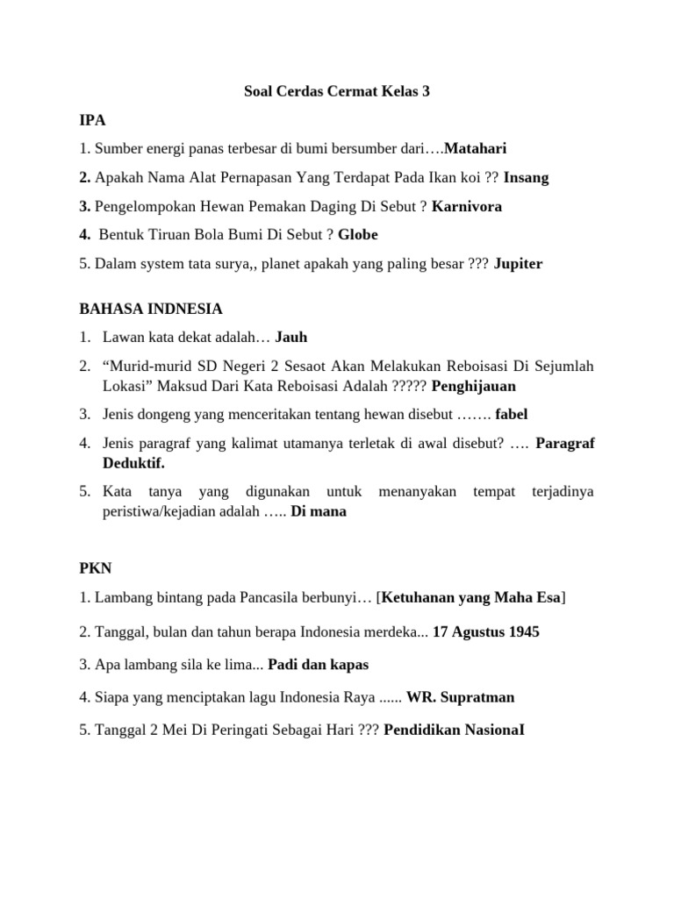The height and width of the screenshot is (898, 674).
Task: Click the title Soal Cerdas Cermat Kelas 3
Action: pyautogui.click(x=336, y=91)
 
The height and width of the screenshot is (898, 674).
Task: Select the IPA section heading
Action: pyautogui.click(x=92, y=119)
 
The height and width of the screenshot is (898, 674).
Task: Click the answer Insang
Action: pyautogui.click(x=527, y=177)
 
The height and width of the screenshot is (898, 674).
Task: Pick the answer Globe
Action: pyautogui.click(x=358, y=235)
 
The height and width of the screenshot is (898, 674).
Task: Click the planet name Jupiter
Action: pyautogui.click(x=518, y=264)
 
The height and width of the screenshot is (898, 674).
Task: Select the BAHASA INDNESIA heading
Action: pyautogui.click(x=151, y=309)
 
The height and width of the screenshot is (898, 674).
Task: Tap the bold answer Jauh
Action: pyautogui.click(x=291, y=337)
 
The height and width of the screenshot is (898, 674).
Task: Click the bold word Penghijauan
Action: pyautogui.click(x=474, y=385)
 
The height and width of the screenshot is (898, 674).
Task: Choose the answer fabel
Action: pyautogui.click(x=511, y=414)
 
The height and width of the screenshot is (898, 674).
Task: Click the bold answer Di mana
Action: pyautogui.click(x=319, y=511)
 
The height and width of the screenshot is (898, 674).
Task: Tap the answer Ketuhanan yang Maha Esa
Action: pyautogui.click(x=470, y=598)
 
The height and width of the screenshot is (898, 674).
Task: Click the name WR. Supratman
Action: pyautogui.click(x=461, y=698)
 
